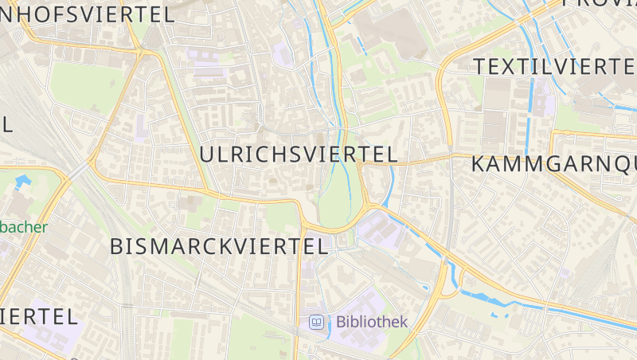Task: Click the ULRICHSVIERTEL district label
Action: pos(299,155)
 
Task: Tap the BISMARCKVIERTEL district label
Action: pos(219,246)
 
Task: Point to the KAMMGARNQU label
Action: pos(554,165)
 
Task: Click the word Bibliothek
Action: pos(372,322)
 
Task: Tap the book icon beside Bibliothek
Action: pos(317,322)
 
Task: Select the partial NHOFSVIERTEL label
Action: pos(88,14)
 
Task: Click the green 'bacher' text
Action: pos(24,226)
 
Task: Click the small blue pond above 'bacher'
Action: pos(21,182)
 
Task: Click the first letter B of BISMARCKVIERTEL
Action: pos(117,246)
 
